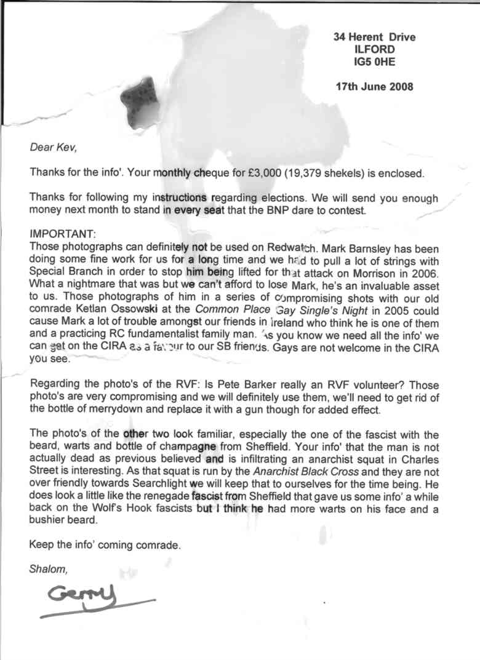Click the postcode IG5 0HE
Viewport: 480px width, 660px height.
pyautogui.click(x=374, y=62)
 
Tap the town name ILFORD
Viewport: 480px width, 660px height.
pyautogui.click(x=374, y=50)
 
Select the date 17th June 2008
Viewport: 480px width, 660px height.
pyautogui.click(x=374, y=87)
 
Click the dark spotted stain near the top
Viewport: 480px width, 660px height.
pyautogui.click(x=141, y=99)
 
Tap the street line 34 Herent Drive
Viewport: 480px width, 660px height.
pyautogui.click(x=374, y=37)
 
